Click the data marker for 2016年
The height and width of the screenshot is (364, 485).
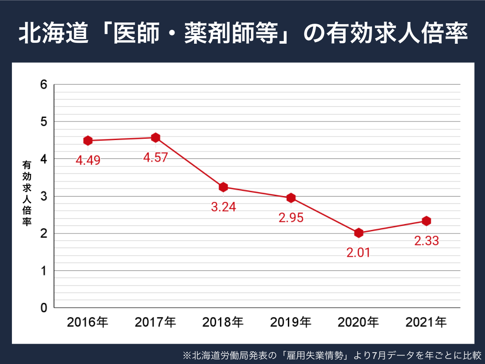coord(88,140)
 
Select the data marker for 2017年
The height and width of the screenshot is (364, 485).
coord(155,137)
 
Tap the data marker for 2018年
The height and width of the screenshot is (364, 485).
coord(223,187)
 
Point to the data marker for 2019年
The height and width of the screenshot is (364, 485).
coord(291,198)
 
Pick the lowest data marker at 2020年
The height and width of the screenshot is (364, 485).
coord(358,233)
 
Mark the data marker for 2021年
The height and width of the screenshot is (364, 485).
coord(426,221)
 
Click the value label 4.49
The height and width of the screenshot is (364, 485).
coord(88,161)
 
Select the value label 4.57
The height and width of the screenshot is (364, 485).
coord(155,158)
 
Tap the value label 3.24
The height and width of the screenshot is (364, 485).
coord(223,207)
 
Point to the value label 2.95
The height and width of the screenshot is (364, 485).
coord(291,218)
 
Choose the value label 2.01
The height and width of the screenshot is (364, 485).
coord(358,253)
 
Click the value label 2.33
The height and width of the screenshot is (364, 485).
coord(426,241)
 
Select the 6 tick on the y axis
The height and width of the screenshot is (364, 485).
coord(43,84)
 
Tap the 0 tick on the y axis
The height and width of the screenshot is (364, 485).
coord(43,308)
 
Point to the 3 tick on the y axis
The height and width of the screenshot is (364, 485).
coord(43,196)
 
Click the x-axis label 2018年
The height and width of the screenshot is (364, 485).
coord(223,323)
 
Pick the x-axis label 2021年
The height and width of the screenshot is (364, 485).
coord(426,323)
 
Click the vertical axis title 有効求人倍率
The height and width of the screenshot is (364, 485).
coord(27,193)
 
